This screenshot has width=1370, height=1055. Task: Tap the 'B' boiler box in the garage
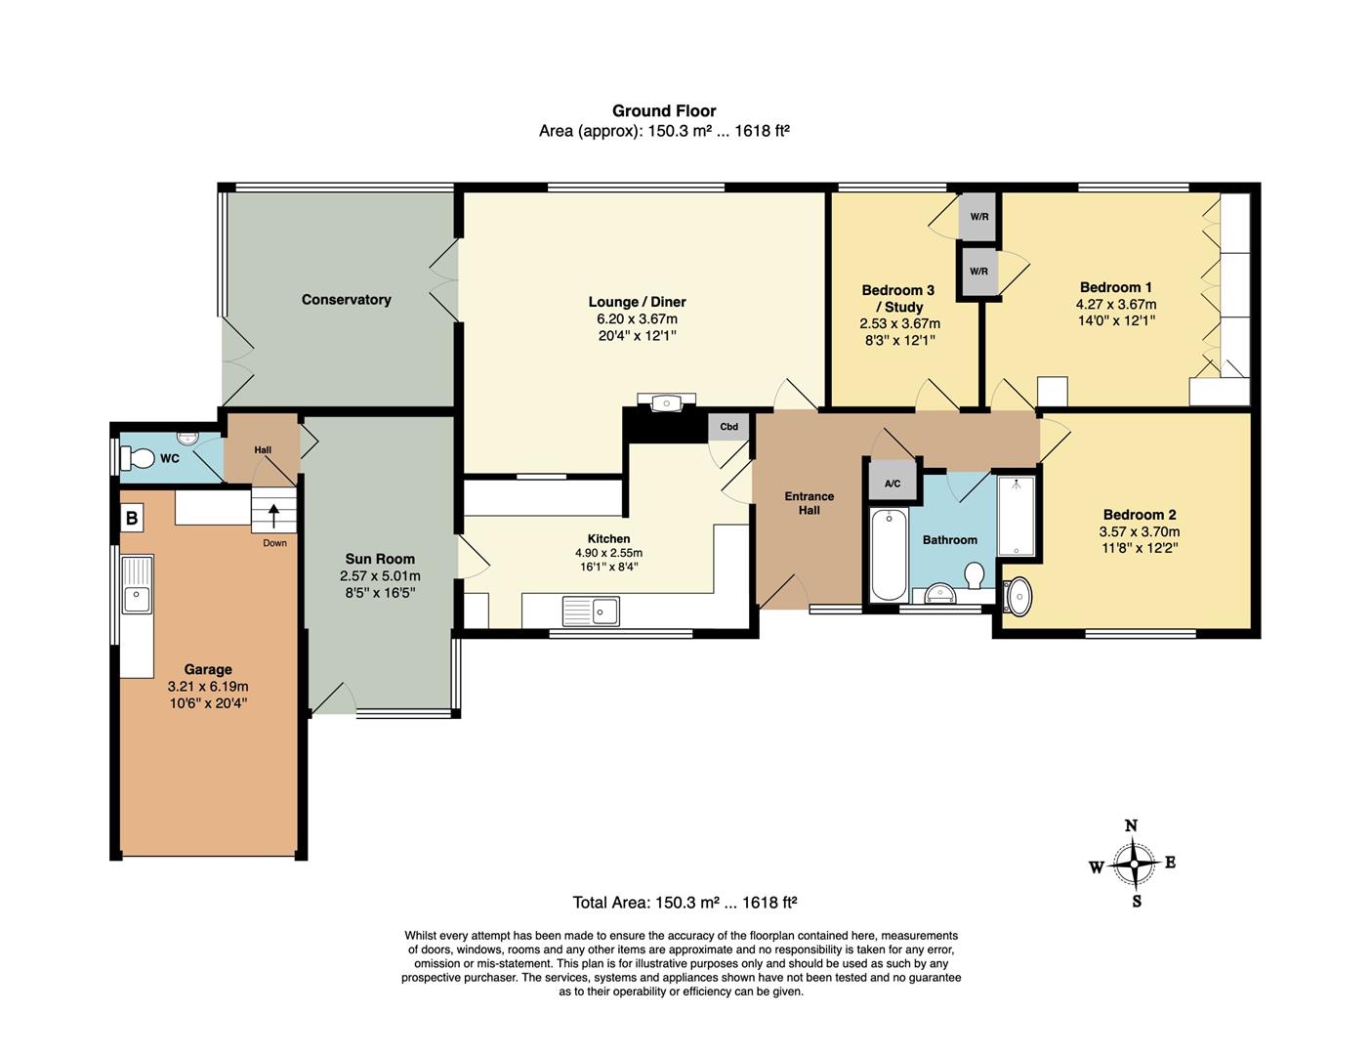(132, 517)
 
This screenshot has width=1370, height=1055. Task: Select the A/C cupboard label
(893, 484)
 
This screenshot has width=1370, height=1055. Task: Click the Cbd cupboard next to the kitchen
(728, 427)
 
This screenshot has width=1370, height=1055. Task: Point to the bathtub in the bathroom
(888, 554)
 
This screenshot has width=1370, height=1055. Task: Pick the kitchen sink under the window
(591, 612)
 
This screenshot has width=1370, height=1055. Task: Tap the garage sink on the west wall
(137, 584)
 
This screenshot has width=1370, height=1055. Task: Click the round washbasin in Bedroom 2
(1017, 596)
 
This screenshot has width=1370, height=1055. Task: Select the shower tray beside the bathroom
(1016, 515)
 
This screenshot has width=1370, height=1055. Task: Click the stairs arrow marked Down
(273, 514)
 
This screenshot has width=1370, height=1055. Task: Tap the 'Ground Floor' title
(664, 111)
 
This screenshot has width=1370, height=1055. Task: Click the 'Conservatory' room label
(346, 300)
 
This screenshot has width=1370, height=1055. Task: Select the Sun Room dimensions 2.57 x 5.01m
(380, 576)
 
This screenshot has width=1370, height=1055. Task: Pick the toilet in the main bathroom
(974, 575)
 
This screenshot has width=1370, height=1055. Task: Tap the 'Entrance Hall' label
(809, 503)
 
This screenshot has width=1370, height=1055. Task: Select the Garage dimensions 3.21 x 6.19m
(208, 687)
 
